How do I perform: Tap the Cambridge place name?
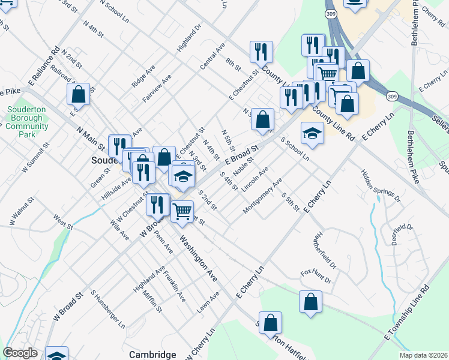pyautogui.click(x=153, y=355)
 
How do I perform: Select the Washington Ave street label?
pyautogui.click(x=197, y=258)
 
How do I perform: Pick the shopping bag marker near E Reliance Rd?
pyautogui.click(x=78, y=94)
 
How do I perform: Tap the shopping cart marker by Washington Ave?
pyautogui.click(x=182, y=210)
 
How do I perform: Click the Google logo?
pyautogui.click(x=20, y=353)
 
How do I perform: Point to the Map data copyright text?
pyautogui.click(x=423, y=355)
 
